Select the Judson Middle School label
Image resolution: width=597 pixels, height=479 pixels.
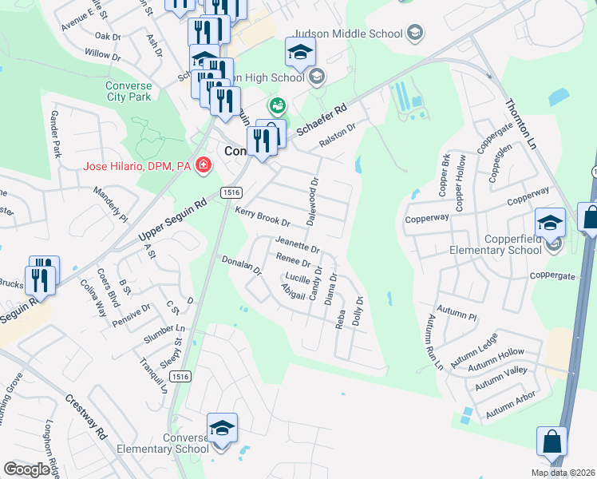click(349, 34)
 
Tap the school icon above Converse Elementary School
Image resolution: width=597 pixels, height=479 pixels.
click(222, 428)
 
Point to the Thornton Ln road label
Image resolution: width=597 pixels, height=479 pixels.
click(521, 125)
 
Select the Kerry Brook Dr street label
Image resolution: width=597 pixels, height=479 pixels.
click(262, 216)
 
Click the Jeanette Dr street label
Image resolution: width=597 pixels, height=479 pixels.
click(296, 244)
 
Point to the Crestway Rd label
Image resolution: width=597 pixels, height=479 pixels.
click(85, 416)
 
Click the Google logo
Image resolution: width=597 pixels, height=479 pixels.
click(26, 469)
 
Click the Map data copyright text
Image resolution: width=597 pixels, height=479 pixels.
click(563, 473)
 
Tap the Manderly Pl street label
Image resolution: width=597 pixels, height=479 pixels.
click(110, 204)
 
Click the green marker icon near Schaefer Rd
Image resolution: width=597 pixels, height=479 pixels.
click(278, 105)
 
